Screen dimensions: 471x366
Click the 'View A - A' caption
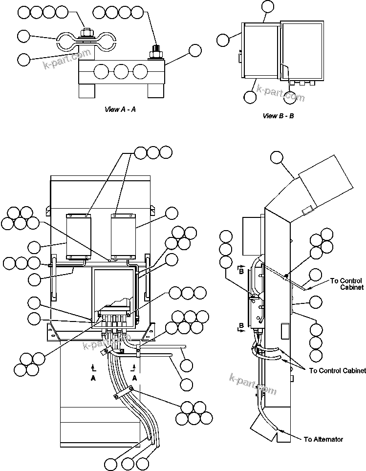pos(120,109)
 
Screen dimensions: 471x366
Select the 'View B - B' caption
pos(278,116)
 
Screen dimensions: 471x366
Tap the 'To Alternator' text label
pos(323,439)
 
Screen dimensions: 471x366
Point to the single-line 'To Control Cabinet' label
pos(337,371)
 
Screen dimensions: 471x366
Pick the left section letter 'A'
pos(93,378)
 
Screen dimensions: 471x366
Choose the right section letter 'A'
pos(135,378)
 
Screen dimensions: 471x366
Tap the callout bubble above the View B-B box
pos(268,6)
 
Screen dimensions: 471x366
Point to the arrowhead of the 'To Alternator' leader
pos(278,430)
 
